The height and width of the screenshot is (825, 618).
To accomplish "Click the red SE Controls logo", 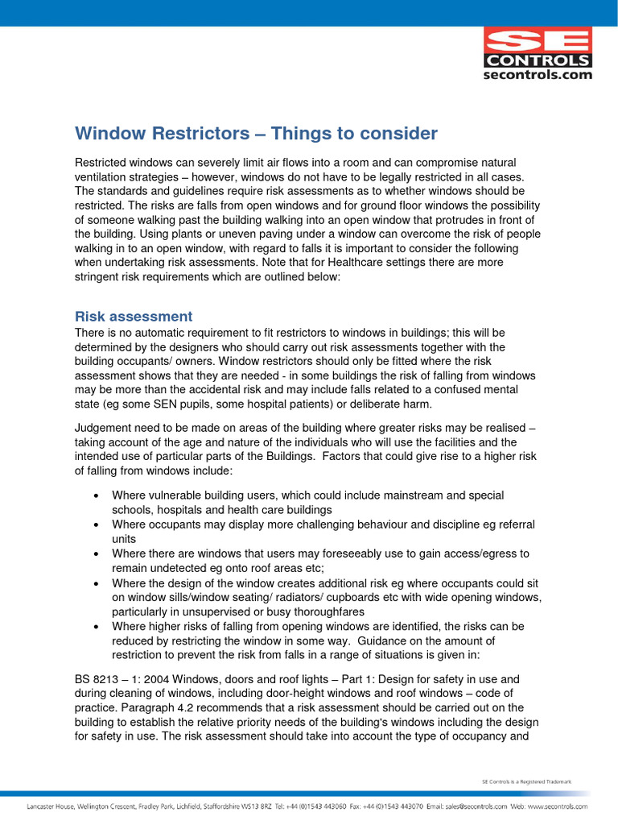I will point(538,47).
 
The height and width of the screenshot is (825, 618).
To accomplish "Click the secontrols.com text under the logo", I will point(538,75).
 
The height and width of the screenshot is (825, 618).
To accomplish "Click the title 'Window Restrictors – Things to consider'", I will point(256,133).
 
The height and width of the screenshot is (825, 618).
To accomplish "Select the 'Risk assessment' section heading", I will point(134,317).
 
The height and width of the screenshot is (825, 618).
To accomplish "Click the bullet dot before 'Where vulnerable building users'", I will point(97,495).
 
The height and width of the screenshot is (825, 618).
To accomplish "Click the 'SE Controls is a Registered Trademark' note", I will point(526,781).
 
